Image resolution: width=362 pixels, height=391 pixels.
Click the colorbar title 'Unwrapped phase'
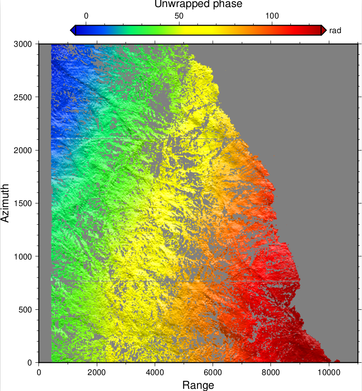198,4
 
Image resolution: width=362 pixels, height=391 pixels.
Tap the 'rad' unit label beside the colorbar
335,30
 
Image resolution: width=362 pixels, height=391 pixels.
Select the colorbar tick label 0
86,16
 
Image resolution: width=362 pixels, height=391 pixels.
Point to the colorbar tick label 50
179,16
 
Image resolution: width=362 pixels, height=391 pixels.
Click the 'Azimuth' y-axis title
5,203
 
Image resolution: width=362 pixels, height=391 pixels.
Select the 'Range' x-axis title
198,385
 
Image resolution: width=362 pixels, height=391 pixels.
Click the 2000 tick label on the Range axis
97,372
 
